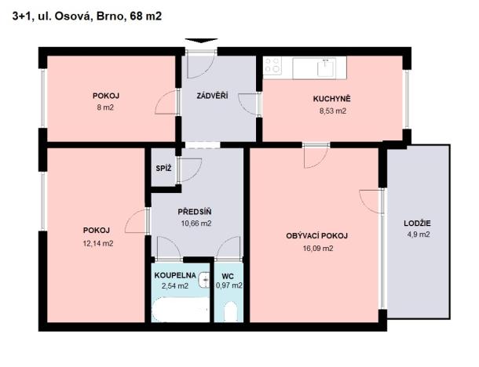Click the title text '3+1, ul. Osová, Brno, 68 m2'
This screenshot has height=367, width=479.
tap(87, 15)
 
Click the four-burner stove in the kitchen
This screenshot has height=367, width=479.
tap(273, 67)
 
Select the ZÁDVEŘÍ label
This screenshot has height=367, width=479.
tap(212, 96)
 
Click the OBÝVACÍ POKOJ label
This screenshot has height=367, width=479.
tap(316, 236)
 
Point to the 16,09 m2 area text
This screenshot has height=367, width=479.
tap(316, 248)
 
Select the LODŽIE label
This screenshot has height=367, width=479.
tap(417, 223)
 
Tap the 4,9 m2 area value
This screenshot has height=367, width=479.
tap(417, 234)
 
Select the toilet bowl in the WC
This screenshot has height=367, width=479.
tap(230, 311)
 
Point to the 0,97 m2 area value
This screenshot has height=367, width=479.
tap(229, 286)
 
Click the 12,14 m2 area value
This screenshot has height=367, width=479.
tap(98, 243)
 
